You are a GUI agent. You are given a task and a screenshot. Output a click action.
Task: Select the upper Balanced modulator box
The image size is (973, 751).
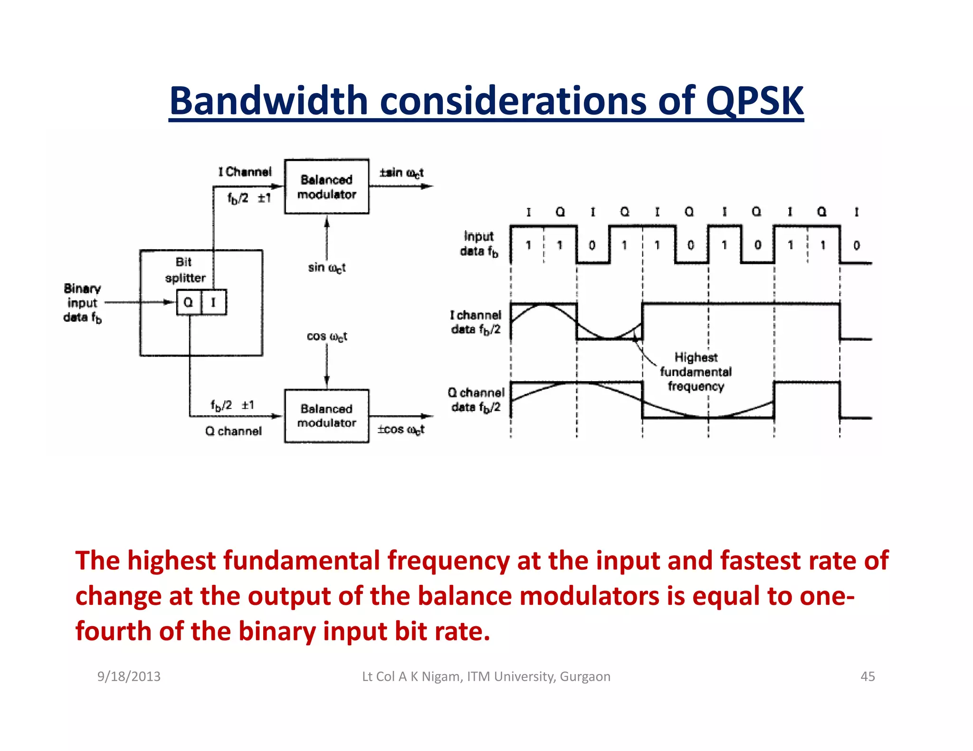326,187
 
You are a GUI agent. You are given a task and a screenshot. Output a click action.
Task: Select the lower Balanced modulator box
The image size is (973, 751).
326,416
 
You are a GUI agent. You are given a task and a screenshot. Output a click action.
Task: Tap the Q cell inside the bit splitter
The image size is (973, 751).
189,302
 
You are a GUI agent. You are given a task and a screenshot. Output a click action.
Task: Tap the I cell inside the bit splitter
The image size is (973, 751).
214,302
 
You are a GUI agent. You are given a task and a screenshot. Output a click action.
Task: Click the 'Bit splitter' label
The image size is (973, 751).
185,270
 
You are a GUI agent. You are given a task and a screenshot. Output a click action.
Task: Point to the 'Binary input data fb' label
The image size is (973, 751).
82,303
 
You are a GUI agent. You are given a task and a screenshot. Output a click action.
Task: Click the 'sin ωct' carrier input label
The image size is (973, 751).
326,268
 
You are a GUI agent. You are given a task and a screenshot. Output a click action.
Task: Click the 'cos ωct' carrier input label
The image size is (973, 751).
326,337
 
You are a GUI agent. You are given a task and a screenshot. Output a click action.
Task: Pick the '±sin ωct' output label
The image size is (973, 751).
401,173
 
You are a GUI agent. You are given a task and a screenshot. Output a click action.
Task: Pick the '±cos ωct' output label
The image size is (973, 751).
401,430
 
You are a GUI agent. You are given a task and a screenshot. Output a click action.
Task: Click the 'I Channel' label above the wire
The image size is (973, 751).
245,172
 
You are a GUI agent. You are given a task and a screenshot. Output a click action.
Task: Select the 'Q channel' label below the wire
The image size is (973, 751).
233,431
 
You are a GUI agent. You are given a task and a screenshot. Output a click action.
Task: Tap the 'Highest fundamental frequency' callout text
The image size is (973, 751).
696,372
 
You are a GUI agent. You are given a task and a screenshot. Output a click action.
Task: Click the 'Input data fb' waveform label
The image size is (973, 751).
479,244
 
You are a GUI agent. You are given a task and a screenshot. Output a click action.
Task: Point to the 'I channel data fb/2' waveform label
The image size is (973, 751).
476,322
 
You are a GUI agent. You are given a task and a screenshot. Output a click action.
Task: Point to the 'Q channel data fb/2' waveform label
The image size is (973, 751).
476,400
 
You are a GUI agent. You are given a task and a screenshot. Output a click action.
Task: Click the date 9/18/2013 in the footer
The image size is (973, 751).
129,676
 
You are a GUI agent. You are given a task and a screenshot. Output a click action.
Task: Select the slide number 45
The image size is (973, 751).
868,676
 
